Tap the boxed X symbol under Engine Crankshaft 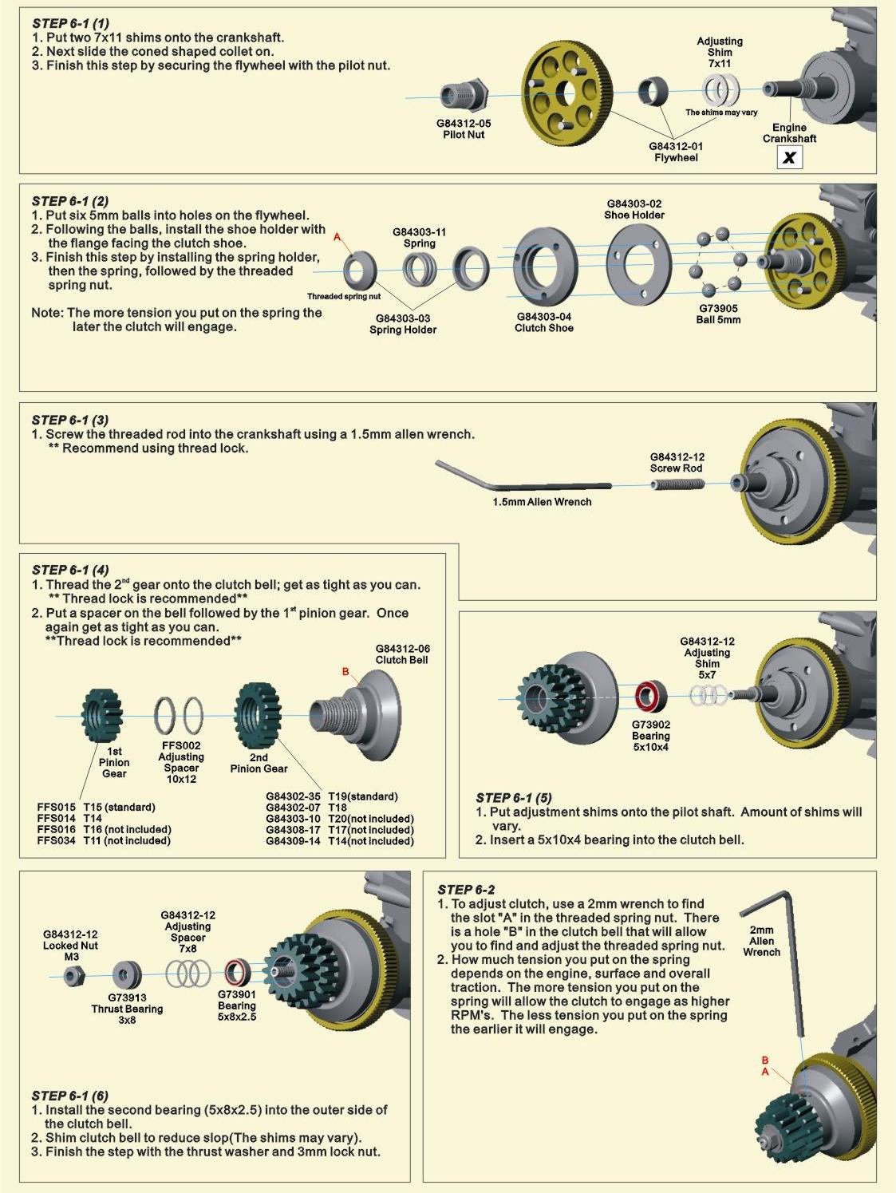(789, 157)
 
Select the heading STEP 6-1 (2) (70, 201)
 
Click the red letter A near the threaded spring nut (337, 237)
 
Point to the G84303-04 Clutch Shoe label (543, 322)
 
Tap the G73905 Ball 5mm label (718, 314)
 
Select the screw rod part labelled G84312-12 (676, 484)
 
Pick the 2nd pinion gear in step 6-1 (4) (257, 716)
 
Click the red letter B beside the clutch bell (345, 672)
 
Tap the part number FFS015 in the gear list (56, 807)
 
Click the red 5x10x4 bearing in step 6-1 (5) (650, 697)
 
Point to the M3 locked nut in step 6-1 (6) (73, 975)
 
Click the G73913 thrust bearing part (127, 974)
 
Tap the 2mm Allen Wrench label (761, 941)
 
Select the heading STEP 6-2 (466, 889)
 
